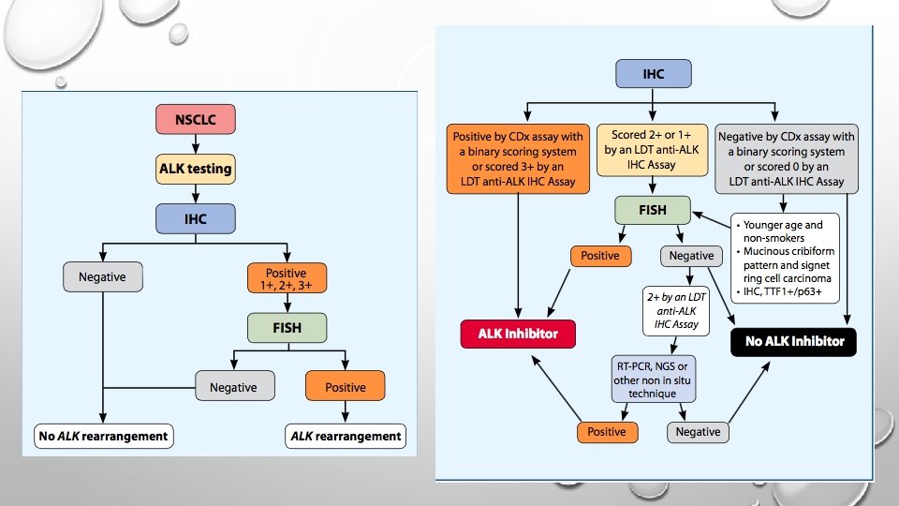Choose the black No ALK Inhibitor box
pos(794,341)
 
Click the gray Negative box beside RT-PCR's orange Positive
pos(699,432)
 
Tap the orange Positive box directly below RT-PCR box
pos(607,432)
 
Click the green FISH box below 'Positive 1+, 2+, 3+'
pos(287,328)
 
